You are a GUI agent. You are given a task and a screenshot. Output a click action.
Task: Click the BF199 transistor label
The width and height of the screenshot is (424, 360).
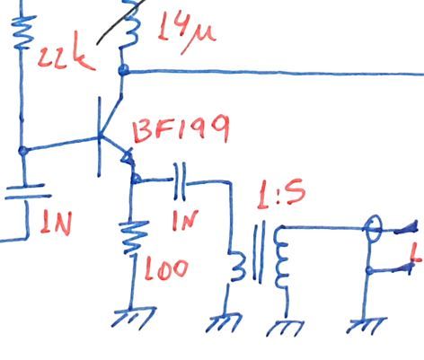tap(180, 133)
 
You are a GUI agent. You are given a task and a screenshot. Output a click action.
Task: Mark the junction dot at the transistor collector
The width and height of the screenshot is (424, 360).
tap(124, 70)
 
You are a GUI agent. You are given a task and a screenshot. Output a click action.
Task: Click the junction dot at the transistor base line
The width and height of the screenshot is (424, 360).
tap(23, 151)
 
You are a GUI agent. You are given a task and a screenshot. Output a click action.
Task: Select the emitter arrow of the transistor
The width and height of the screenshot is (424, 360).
tap(128, 162)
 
